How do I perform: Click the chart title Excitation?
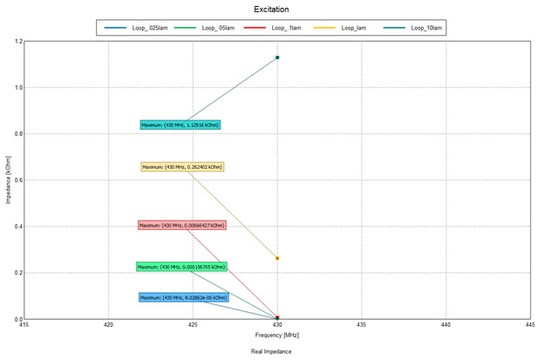[x=271, y=10]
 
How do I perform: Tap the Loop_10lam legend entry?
[x=421, y=29]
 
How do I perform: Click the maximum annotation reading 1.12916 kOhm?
[x=180, y=125]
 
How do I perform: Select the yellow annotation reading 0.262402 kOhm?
[x=181, y=166]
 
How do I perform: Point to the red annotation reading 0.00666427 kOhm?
[x=181, y=225]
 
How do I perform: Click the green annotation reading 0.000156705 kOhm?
[x=181, y=267]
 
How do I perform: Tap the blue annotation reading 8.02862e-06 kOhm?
[x=181, y=297]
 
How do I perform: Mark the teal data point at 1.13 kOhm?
[x=277, y=58]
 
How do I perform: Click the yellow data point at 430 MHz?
[x=277, y=258]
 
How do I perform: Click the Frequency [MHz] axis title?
[x=277, y=335]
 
